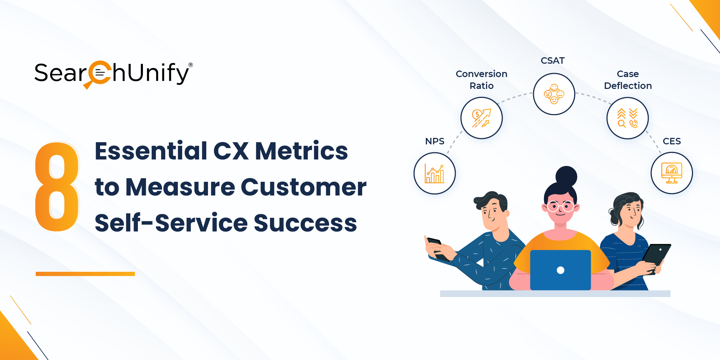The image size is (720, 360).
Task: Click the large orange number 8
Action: tap(57, 186)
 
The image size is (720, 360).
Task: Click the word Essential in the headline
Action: tap(151, 151)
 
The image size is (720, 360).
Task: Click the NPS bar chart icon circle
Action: tap(435, 174)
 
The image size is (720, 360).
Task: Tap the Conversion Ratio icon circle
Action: tap(481, 118)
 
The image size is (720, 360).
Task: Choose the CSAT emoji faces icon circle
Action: tap(554, 94)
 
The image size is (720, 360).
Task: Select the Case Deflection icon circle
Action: tap(627, 118)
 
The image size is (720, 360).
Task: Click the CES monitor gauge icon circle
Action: tap(671, 173)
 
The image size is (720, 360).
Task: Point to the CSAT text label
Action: tap(553, 60)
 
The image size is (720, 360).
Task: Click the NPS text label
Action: tap(435, 141)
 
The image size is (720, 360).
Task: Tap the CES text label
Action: tap(671, 141)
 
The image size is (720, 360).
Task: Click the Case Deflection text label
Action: tap(628, 80)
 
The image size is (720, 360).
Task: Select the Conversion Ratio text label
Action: tap(481, 80)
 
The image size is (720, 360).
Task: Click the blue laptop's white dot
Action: tap(561, 270)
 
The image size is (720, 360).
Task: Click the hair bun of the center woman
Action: tap(566, 176)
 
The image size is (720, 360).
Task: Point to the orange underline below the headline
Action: tap(85, 274)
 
